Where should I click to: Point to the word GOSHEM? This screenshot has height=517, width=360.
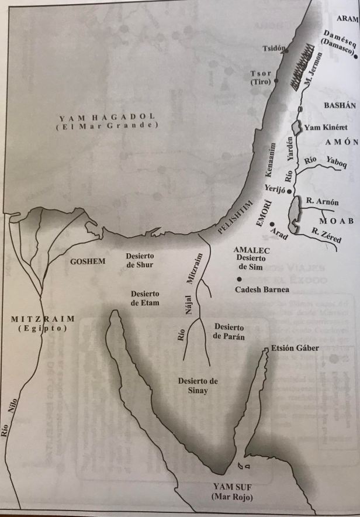click(88, 261)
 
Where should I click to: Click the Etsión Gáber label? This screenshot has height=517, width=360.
click(295, 349)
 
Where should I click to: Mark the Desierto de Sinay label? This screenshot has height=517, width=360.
click(198, 386)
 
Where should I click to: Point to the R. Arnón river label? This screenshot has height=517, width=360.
click(322, 202)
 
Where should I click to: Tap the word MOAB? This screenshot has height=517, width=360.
click(335, 220)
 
